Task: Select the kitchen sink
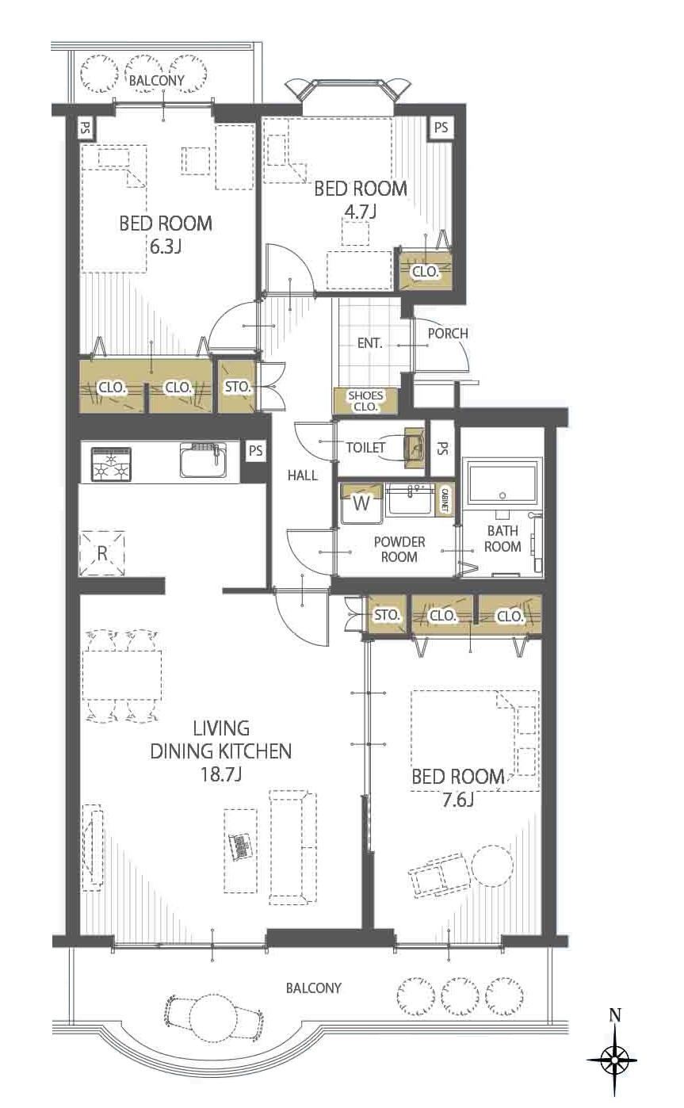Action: (203, 460)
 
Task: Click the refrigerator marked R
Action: (102, 553)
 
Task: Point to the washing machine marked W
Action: (362, 503)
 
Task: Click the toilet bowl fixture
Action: (413, 447)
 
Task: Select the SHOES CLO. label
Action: (365, 401)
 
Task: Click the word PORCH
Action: (448, 334)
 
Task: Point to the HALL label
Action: (303, 476)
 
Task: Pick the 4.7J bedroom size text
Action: (361, 212)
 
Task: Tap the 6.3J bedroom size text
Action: (165, 246)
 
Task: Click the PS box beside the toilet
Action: (442, 448)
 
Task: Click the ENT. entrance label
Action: (370, 343)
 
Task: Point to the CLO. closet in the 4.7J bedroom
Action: (426, 271)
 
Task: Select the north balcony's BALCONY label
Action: (156, 80)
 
